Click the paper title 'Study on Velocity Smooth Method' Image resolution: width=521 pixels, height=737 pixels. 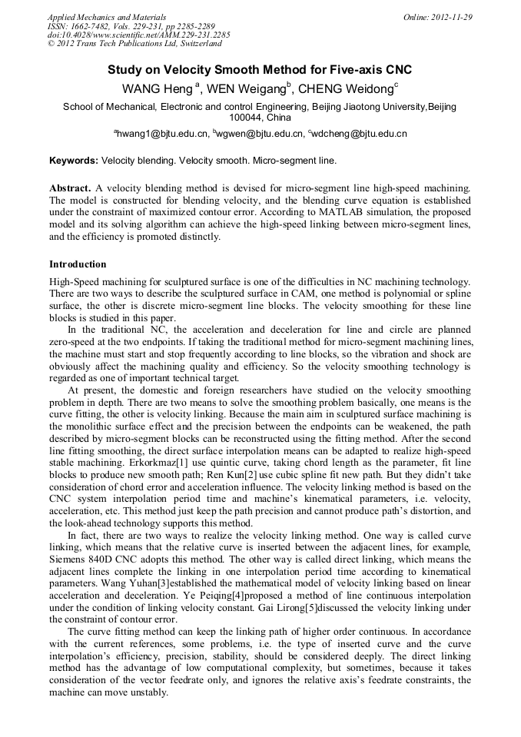(260, 70)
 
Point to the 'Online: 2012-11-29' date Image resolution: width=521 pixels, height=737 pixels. (437, 17)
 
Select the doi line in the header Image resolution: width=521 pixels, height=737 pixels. (138, 35)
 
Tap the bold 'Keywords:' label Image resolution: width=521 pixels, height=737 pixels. (74, 161)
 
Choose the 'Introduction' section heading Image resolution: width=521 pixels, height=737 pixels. (78, 264)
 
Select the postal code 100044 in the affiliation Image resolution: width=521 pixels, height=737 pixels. (246, 118)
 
